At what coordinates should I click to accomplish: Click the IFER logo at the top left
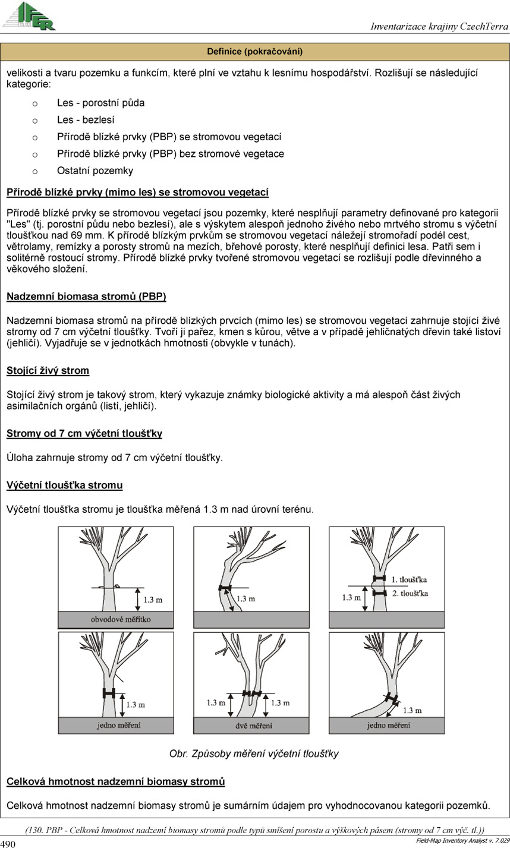pos(29,16)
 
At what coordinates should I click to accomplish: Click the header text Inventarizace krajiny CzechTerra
pos(439,27)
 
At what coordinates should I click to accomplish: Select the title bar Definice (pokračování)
pos(255,52)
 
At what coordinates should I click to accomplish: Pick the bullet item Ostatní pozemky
pos(95,171)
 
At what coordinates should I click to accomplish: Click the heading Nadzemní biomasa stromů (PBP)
pos(86,296)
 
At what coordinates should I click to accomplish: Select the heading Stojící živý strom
pos(48,371)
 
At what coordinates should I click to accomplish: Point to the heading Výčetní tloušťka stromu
pos(65,486)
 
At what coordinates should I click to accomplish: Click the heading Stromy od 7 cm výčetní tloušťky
pos(84,434)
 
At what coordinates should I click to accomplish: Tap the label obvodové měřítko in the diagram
pos(121,619)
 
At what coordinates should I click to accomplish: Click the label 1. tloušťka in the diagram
pos(410,579)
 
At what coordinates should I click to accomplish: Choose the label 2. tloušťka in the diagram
pos(410,593)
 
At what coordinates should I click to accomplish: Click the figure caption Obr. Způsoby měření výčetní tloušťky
pos(254,754)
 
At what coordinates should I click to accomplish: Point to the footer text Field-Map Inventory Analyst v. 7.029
pos(462,841)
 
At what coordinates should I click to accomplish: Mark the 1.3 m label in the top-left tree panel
pos(152,600)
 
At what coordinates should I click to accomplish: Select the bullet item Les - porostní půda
pos(100,102)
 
